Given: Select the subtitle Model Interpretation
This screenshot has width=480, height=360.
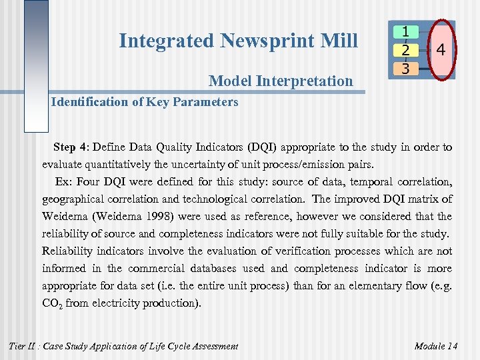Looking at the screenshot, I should (x=281, y=81).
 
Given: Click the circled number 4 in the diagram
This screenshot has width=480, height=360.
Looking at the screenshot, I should (x=441, y=50).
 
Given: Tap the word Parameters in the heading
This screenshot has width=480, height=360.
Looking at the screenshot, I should (x=207, y=102).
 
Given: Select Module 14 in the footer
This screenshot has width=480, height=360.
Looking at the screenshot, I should (x=435, y=345).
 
